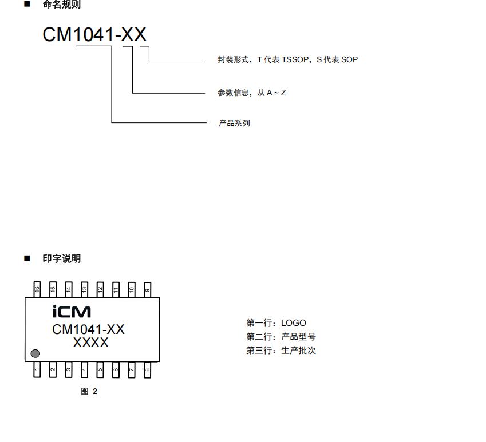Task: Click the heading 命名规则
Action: point(61,5)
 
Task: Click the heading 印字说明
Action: point(61,258)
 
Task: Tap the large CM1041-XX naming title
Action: point(94,35)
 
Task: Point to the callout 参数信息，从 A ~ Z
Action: point(251,93)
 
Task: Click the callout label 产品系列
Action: point(234,123)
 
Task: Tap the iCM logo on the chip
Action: point(72,312)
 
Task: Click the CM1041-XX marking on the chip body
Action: point(88,329)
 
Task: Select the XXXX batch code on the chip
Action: point(90,343)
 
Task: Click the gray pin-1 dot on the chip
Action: point(35,354)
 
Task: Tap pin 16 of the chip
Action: point(37,289)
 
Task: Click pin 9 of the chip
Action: point(147,289)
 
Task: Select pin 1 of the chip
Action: point(37,370)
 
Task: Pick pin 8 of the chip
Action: point(147,370)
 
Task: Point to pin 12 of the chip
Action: point(100,289)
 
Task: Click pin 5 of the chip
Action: point(100,370)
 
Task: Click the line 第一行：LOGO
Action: point(276,323)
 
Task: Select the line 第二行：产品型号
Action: point(280,337)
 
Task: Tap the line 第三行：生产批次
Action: point(280,351)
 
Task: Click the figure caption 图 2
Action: point(89,392)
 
